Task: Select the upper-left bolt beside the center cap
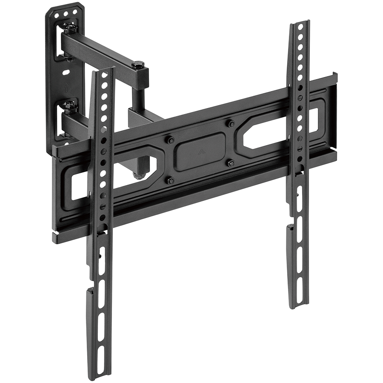pyautogui.click(x=169, y=140)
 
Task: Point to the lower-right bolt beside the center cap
pyautogui.click(x=231, y=163)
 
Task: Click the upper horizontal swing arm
pyautogui.click(x=102, y=51)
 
